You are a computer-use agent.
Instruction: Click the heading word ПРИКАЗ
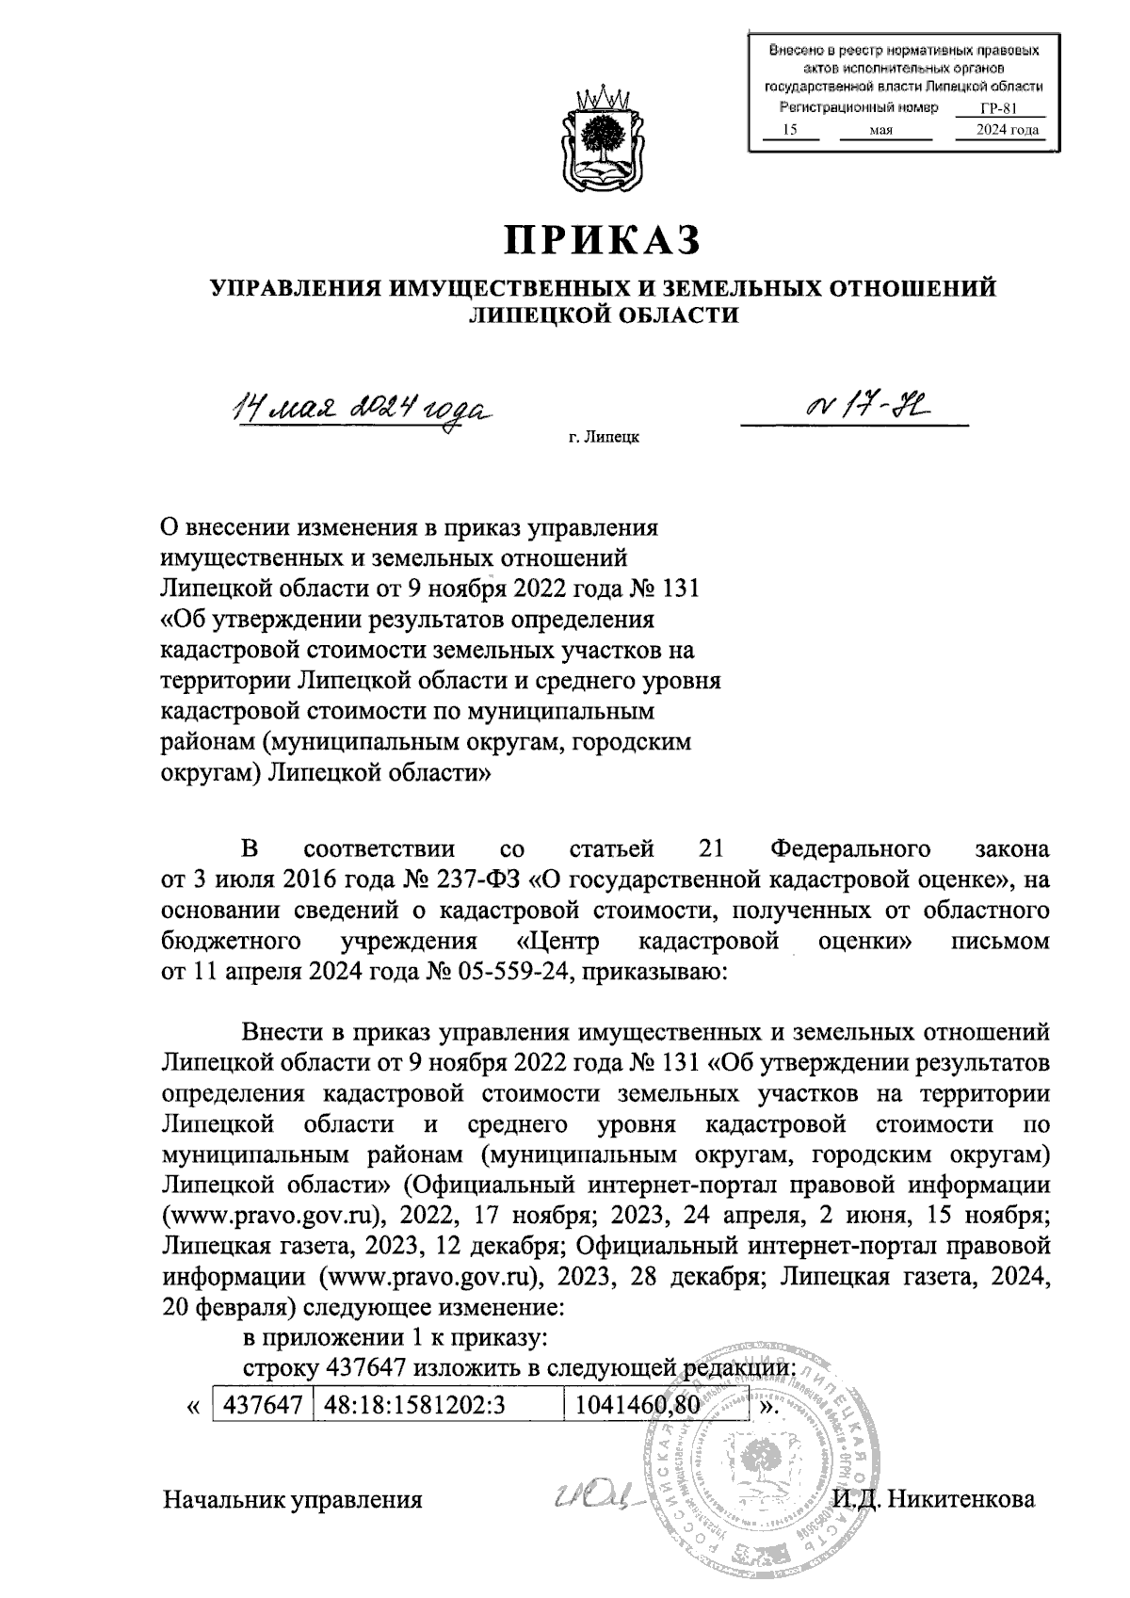[x=604, y=240]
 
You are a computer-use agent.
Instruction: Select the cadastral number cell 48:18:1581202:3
[x=415, y=1405]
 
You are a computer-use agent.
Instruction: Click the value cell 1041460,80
[x=638, y=1405]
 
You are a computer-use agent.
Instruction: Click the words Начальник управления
[x=293, y=1500]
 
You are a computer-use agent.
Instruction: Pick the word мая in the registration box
[x=881, y=130]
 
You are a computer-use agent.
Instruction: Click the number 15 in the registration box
[x=791, y=130]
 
